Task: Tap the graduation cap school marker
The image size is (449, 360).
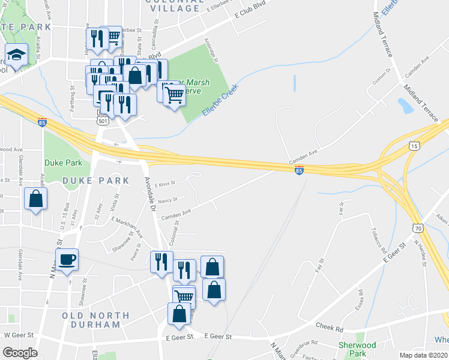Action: (14, 55)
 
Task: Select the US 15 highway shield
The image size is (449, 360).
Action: (414, 146)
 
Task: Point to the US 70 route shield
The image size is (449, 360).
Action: (418, 227)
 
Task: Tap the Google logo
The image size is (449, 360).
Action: (20, 352)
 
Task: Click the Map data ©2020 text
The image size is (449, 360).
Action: (423, 355)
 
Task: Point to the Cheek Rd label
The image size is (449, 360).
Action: (331, 328)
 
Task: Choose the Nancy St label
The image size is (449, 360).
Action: (167, 200)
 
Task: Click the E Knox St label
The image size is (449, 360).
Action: (164, 184)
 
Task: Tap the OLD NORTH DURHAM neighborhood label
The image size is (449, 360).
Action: (95, 320)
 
